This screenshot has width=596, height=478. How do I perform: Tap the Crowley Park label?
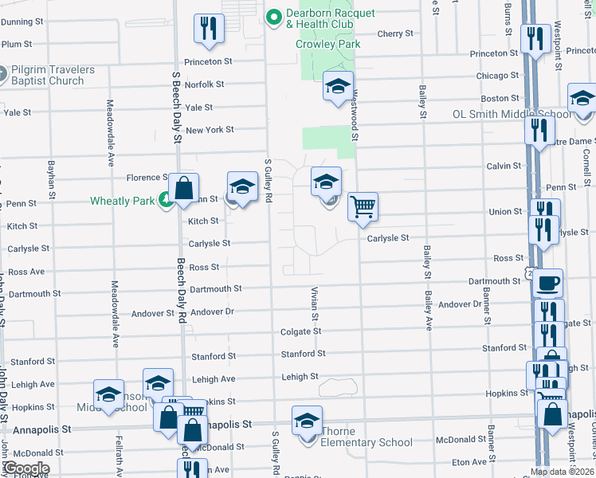coord(327,44)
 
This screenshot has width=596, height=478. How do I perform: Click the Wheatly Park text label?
coord(122,201)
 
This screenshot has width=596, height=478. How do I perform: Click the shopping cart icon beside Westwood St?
coord(363,206)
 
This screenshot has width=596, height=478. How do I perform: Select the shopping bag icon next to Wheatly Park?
coord(183,190)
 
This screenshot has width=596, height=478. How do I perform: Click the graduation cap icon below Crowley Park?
coord(338,85)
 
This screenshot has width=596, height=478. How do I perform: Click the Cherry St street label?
coord(395,33)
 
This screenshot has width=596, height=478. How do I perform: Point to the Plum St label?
coord(17,45)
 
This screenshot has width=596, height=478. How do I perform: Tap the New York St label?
coord(210,130)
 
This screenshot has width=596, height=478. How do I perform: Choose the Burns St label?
coord(508,18)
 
